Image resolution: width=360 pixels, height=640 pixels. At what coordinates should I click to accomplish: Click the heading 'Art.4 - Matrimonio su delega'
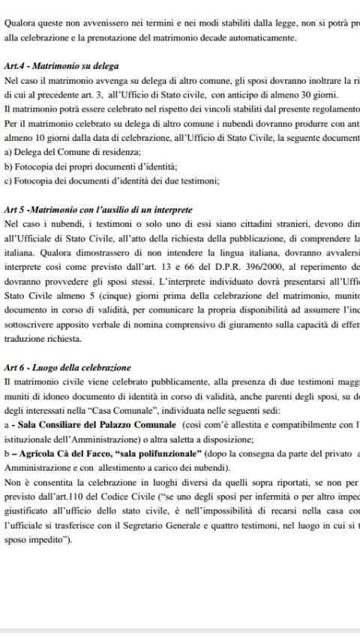[x=61, y=66]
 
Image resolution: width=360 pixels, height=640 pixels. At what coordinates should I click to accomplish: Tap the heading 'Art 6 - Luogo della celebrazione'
[x=67, y=368]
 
